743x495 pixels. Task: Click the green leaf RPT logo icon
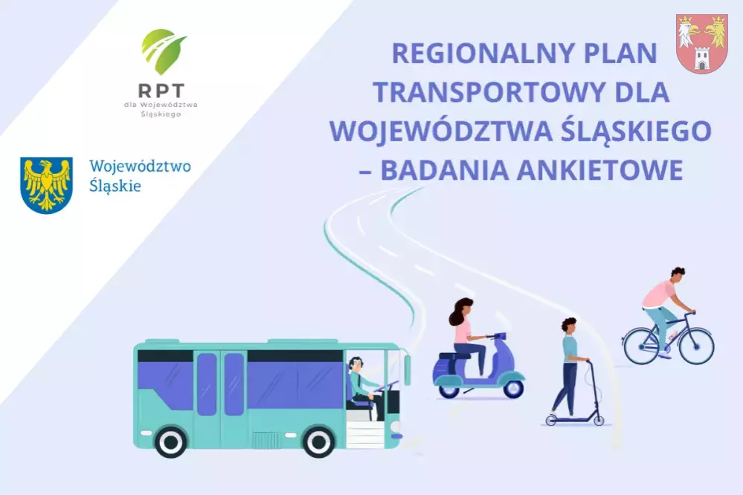pos(164,51)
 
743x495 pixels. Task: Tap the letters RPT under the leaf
pos(161,90)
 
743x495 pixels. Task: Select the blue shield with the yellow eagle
pos(46,185)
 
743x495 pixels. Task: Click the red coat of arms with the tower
pos(702,44)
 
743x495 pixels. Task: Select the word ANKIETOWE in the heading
pos(600,170)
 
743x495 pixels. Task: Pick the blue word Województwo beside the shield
pos(141,166)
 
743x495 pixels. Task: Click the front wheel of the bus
pos(318,441)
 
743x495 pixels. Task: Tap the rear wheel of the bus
pos(170,441)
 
